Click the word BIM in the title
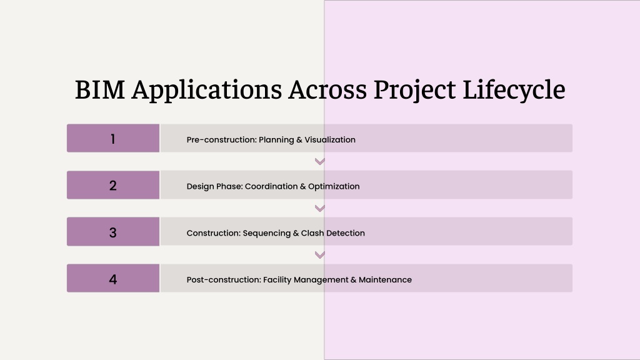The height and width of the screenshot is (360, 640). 100,89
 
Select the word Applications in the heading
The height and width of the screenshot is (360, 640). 206,90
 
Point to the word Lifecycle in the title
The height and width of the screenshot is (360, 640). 514,90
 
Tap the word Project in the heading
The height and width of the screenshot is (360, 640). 414,90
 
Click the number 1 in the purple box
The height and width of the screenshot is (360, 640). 113,139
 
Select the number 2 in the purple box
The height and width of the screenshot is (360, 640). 113,186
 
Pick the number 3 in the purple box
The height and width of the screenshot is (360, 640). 113,232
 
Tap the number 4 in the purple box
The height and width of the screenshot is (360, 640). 113,279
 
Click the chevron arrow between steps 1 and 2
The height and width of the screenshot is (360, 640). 320,162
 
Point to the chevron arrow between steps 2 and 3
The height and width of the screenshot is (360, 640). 320,209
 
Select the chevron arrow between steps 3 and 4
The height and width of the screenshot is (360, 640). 320,255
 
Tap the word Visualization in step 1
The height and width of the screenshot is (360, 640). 330,139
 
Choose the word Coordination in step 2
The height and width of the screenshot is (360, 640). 271,186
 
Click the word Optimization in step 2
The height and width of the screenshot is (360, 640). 334,186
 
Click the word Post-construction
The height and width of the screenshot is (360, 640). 224,279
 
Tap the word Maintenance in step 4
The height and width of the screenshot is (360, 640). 385,279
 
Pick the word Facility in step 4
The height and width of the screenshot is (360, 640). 277,280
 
